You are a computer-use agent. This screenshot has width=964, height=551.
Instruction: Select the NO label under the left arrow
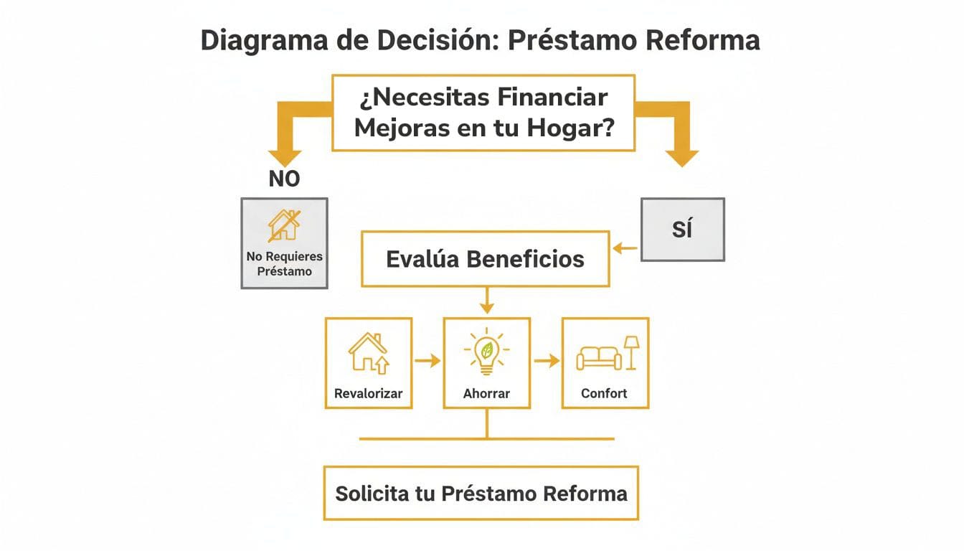(284, 179)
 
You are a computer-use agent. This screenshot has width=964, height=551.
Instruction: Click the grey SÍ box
(682, 230)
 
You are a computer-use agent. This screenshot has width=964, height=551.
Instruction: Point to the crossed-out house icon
(283, 225)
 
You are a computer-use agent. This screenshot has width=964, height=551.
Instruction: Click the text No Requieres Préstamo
(285, 263)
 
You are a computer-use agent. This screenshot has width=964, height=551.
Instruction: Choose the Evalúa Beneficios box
(486, 258)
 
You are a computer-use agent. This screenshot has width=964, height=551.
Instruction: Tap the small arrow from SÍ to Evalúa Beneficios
(625, 248)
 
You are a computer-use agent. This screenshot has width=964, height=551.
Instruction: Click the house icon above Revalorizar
(368, 352)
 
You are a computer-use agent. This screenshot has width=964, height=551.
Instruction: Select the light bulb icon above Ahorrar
(487, 352)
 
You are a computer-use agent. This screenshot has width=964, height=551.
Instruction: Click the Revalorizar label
(369, 393)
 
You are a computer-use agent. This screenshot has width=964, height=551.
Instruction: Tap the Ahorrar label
(487, 393)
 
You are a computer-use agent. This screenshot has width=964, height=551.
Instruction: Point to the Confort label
(604, 393)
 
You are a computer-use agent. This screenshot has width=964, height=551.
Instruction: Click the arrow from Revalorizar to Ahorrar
(427, 361)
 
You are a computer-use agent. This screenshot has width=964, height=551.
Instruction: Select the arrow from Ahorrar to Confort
(547, 361)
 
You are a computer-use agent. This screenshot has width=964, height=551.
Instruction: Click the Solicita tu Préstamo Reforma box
(481, 494)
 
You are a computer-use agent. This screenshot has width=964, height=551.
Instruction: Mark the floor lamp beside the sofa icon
(631, 352)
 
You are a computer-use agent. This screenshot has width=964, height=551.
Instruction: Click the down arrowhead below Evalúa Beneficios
(487, 308)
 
